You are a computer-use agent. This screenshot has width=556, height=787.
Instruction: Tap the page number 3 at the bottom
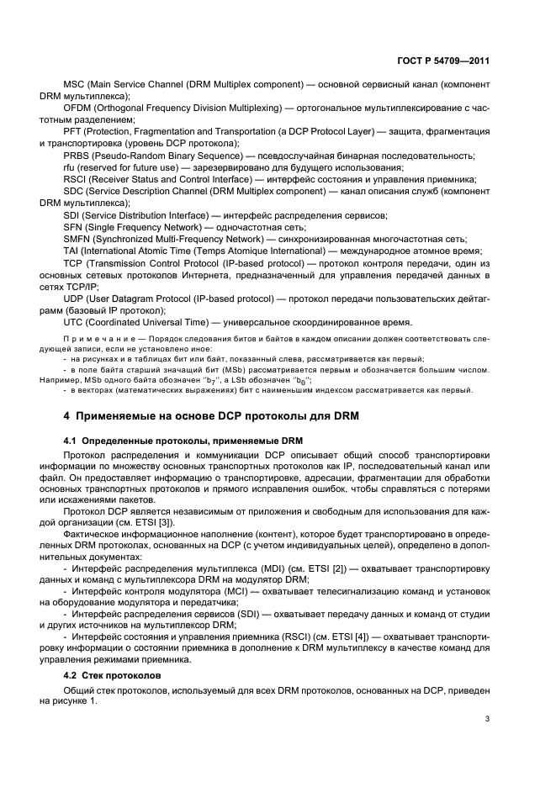[x=488, y=718]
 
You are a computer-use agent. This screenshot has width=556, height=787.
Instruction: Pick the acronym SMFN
[x=78, y=238]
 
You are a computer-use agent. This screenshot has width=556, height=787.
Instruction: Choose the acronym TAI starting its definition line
[x=71, y=250]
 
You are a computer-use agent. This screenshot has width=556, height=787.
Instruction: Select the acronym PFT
[x=73, y=132]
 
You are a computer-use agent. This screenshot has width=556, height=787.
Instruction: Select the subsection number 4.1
[x=71, y=441]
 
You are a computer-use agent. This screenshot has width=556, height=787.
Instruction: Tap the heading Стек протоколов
[x=120, y=675]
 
